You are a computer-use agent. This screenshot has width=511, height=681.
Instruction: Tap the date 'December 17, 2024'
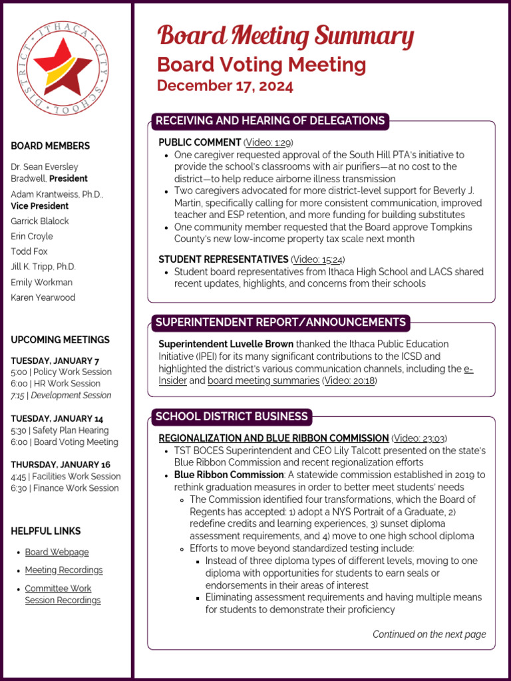(x=225, y=86)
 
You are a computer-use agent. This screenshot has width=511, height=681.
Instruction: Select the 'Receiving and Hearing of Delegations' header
(x=269, y=120)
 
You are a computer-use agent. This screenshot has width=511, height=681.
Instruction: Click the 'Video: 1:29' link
(x=268, y=142)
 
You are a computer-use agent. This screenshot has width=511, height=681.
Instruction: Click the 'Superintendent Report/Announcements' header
(x=280, y=323)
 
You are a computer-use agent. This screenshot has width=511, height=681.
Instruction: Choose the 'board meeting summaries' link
(x=263, y=380)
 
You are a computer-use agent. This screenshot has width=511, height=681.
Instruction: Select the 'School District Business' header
(x=232, y=416)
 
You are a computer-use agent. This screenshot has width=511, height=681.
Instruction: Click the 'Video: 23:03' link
(x=419, y=438)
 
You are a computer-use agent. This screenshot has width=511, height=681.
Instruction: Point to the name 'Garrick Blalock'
(x=40, y=221)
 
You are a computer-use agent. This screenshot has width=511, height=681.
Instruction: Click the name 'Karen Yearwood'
(x=43, y=297)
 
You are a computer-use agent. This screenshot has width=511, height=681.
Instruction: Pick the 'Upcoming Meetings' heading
(x=60, y=340)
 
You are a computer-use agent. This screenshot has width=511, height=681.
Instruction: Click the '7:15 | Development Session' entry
(x=61, y=395)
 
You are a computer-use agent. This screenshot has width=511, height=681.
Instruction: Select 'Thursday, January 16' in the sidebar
(x=61, y=464)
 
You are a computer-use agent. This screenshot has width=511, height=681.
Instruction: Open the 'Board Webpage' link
(x=57, y=552)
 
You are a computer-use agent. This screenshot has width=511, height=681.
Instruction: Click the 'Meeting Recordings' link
(x=64, y=570)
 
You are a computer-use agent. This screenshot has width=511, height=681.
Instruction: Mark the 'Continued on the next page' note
(x=429, y=634)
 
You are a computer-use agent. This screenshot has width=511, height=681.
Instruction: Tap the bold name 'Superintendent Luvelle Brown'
(x=226, y=344)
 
